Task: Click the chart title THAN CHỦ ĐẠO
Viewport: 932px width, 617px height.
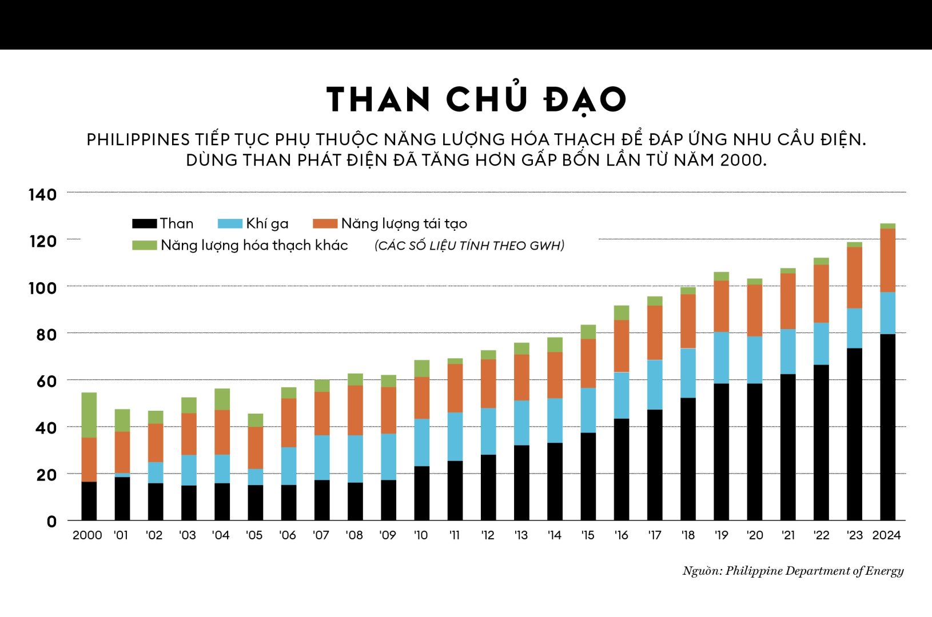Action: [476, 100]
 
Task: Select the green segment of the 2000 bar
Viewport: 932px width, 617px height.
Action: [89, 415]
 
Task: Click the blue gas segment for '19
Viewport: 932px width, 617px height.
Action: [722, 358]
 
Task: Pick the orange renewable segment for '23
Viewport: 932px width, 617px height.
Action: [854, 278]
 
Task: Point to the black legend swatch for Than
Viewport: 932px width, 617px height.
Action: [144, 223]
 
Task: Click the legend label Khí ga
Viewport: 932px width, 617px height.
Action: [267, 223]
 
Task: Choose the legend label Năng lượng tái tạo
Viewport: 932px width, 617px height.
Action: [404, 223]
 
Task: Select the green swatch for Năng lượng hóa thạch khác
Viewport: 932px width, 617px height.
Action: [144, 245]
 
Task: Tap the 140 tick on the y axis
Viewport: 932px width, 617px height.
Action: [43, 195]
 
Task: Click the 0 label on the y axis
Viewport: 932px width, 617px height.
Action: [51, 521]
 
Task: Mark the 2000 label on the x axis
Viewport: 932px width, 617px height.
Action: [87, 535]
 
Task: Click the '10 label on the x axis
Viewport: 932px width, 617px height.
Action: [421, 535]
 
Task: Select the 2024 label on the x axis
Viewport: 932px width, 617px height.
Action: [886, 535]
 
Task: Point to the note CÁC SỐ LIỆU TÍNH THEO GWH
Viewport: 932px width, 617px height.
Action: [469, 246]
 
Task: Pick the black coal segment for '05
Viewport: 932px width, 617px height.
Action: [255, 503]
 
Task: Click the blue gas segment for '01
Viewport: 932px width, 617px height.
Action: [122, 475]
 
